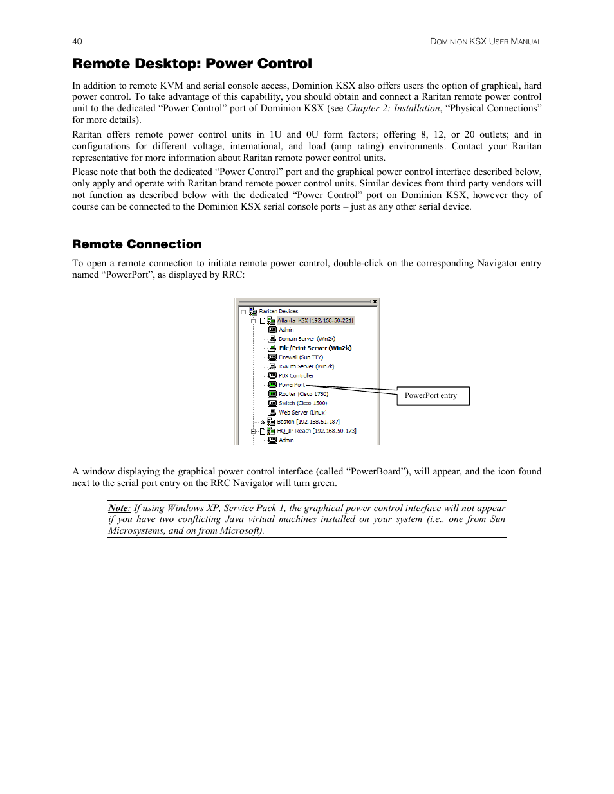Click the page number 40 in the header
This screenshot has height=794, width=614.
(x=77, y=41)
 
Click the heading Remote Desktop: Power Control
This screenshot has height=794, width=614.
(x=192, y=64)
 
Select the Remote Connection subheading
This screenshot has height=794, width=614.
(x=136, y=244)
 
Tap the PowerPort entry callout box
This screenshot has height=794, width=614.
(x=433, y=396)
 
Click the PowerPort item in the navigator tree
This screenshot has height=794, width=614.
(x=292, y=385)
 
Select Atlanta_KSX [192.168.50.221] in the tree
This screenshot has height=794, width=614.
(x=315, y=320)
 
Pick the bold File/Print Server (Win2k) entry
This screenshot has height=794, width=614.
(x=315, y=348)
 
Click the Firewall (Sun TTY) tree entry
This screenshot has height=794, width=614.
(x=301, y=357)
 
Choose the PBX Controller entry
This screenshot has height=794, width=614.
(x=296, y=376)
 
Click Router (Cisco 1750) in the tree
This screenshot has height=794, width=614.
(x=303, y=394)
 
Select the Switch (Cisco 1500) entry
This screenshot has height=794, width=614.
(x=302, y=404)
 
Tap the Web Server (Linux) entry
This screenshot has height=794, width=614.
(x=302, y=413)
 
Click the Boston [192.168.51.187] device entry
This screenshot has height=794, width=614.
(x=308, y=422)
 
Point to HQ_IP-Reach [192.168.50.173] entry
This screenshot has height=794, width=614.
(x=317, y=431)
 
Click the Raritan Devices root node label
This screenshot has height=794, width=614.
(x=279, y=311)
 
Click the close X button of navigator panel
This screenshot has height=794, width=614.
(x=375, y=301)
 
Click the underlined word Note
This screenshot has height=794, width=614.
(x=118, y=508)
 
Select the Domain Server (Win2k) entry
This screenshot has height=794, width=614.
(x=307, y=339)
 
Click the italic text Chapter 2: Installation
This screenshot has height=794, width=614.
(x=393, y=108)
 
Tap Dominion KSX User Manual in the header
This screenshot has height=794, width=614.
(x=486, y=41)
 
